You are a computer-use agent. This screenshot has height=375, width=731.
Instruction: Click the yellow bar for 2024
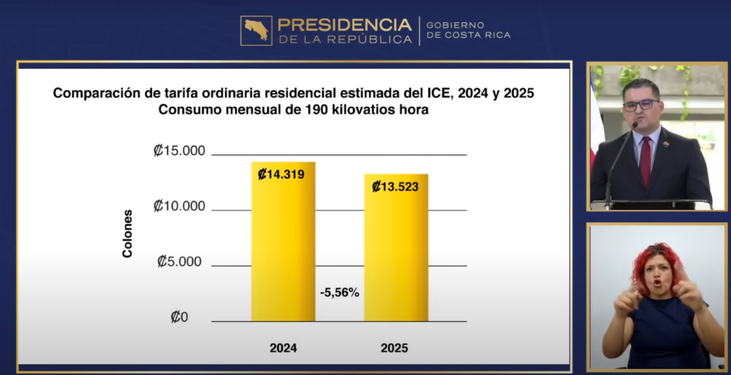coord(283,249)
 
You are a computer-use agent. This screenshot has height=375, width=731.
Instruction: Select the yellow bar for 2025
coord(396,255)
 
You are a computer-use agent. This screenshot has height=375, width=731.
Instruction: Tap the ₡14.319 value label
coord(281,174)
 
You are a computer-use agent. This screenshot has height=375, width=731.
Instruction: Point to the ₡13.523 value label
coord(395,187)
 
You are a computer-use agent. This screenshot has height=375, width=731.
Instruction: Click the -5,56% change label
coord(339,292)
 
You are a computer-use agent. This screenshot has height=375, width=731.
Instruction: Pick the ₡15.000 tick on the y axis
coord(179,150)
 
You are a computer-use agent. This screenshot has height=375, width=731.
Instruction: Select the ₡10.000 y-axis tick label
coord(179,206)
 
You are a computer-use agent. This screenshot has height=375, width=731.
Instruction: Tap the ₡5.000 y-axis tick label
coord(179,261)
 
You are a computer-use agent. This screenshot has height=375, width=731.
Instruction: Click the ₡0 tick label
coord(179,317)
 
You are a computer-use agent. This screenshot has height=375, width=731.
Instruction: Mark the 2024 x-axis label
coord(283,348)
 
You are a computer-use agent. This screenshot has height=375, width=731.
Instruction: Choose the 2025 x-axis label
coord(394,348)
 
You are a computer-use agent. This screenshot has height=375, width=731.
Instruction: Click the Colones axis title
coord(127,233)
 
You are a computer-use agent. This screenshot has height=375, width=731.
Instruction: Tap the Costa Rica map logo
coord(256,31)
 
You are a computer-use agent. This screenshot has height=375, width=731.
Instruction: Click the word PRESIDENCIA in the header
coord(344,25)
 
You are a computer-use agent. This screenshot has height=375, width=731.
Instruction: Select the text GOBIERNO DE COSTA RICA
coord(468,30)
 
